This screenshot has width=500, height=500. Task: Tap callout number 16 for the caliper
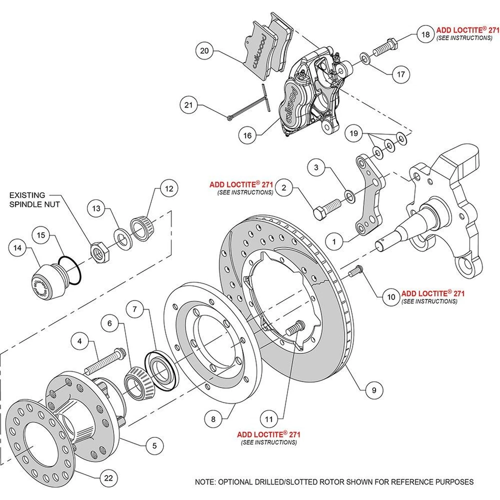[x=247, y=135]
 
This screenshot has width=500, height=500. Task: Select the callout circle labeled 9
[x=374, y=389]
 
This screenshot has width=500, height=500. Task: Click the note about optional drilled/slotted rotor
[x=334, y=482]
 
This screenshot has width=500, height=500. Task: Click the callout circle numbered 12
[x=168, y=189]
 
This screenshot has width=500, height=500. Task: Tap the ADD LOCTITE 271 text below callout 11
[x=269, y=434]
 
